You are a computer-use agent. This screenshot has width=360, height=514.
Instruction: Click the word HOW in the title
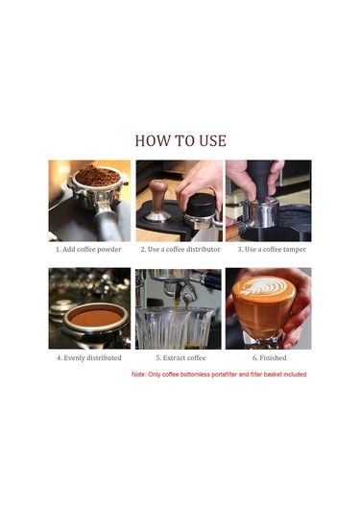pyautogui.click(x=153, y=140)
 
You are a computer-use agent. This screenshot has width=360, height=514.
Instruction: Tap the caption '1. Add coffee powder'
pyautogui.click(x=89, y=250)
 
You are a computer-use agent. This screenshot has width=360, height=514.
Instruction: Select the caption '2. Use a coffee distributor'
pyautogui.click(x=179, y=250)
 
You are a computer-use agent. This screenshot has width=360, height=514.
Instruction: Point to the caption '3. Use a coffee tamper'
pyautogui.click(x=268, y=250)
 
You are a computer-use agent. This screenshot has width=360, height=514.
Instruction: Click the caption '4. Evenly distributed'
pyautogui.click(x=89, y=357)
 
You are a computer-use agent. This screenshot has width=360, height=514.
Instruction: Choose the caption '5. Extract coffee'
pyautogui.click(x=179, y=357)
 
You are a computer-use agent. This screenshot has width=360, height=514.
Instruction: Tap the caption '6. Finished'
pyautogui.click(x=268, y=357)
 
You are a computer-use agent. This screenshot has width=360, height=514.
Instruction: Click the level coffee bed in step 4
pyautogui.click(x=94, y=316)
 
